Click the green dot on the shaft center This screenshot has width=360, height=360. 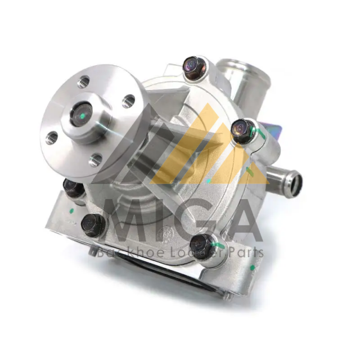click(x=83, y=115)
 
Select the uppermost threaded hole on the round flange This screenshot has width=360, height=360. click(x=83, y=82)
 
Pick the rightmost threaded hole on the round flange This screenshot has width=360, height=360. click(x=128, y=101)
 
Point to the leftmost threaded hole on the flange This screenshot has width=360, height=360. click(x=51, y=138)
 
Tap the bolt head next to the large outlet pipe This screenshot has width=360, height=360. click(x=193, y=66)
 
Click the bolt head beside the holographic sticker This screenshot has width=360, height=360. click(x=242, y=129)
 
